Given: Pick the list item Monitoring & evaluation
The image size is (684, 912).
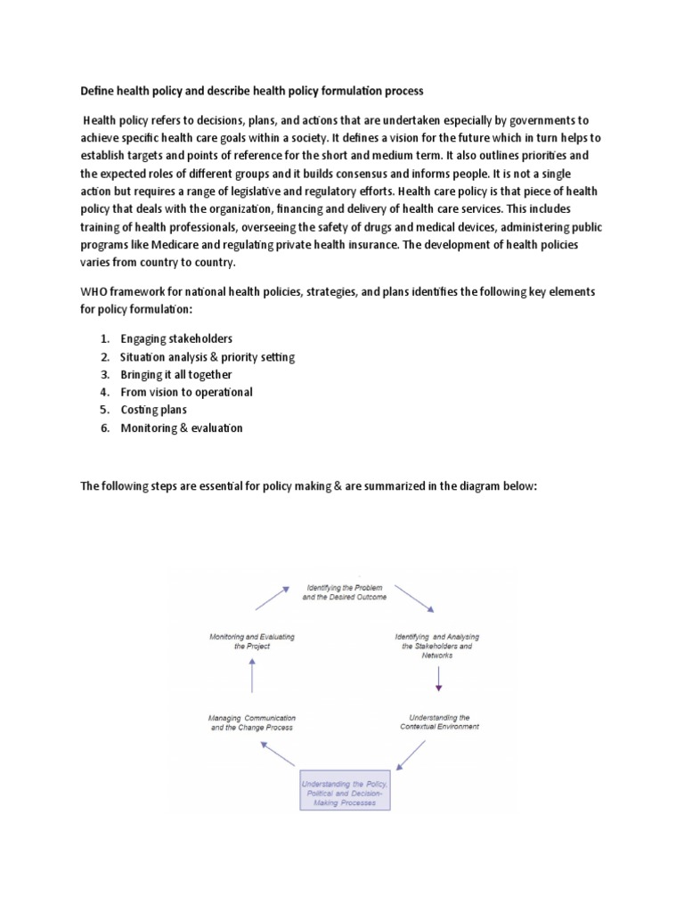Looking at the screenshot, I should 182,427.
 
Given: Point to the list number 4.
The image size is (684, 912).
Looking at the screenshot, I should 104,392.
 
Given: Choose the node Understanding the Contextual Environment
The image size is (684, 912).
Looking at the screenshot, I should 438,721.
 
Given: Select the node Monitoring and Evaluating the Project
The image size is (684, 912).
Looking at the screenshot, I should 252,641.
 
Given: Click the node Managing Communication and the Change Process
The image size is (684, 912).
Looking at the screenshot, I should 252,721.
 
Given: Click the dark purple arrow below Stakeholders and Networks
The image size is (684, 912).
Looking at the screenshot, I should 438,679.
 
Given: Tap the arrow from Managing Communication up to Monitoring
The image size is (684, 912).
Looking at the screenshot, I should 252,680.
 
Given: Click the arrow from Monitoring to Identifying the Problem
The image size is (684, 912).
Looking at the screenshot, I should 273,598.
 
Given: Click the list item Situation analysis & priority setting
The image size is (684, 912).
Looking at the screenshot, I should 208,356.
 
